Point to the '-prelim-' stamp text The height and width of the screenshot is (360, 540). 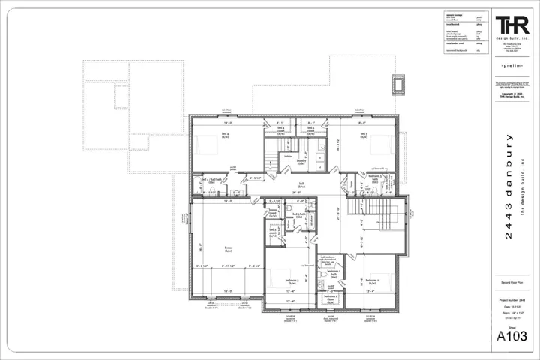point(511,67)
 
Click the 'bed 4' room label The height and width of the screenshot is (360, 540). point(224,136)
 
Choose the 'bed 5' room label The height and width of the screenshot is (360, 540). point(363,136)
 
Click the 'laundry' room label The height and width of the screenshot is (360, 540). point(303,160)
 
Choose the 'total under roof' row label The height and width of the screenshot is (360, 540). point(442,46)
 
